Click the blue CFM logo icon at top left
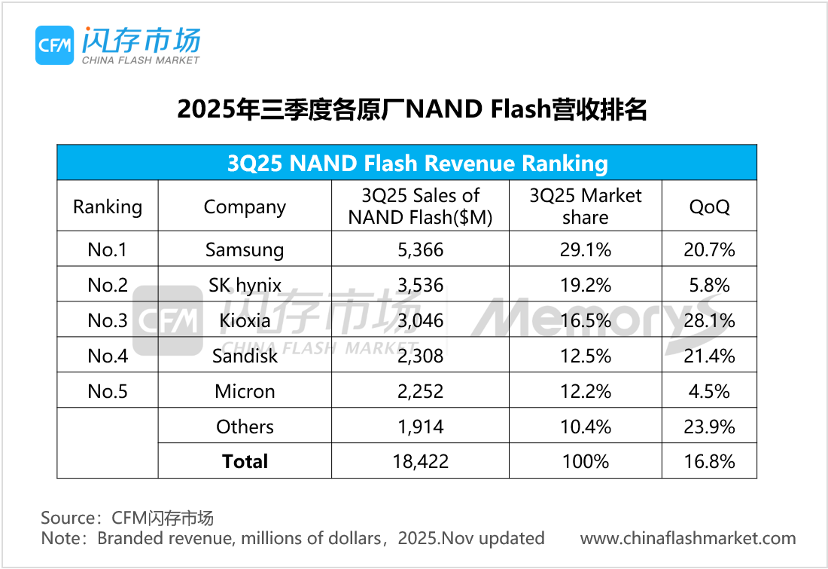tap(55, 45)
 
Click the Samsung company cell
tap(245, 249)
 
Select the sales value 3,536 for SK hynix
tap(420, 286)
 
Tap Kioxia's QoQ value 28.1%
tap(709, 321)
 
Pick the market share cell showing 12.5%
tap(585, 356)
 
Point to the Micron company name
tap(245, 391)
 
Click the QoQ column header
tap(709, 206)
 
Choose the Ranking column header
tap(108, 206)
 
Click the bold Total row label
tap(245, 461)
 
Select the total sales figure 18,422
tap(420, 461)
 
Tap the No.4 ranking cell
tap(108, 356)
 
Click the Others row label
tap(245, 427)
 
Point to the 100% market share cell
tap(585, 461)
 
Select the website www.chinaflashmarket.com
tap(688, 538)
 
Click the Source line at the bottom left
tap(127, 518)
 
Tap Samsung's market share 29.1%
tap(585, 249)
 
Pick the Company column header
tap(245, 206)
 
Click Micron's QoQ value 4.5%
tap(709, 391)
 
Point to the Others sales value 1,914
tap(420, 427)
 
